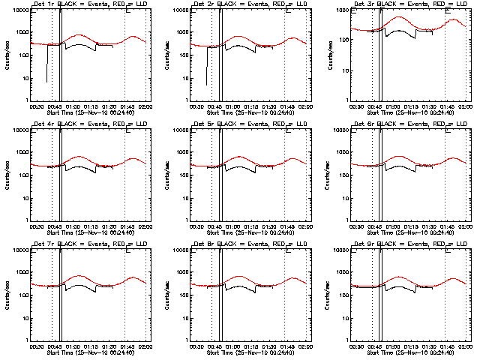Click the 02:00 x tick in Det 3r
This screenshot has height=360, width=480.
coord(464,106)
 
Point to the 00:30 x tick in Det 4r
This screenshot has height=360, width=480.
coord(34,226)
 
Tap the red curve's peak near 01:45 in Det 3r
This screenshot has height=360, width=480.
coord(454,20)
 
